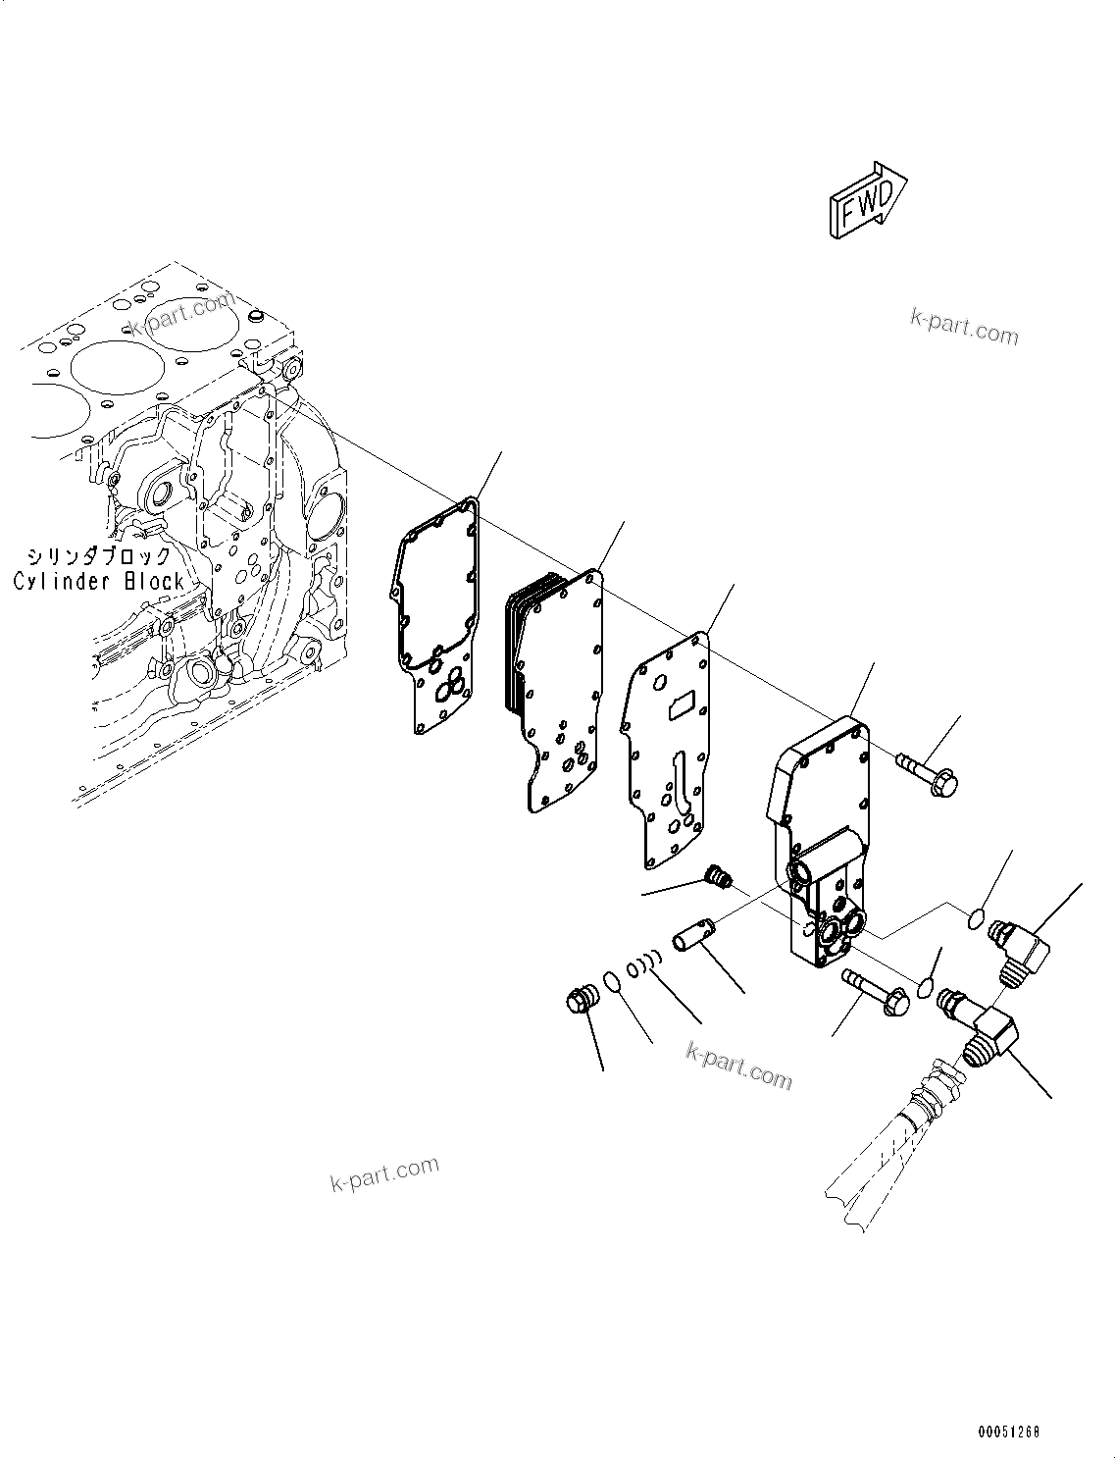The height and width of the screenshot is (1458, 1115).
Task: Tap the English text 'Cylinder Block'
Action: [99, 581]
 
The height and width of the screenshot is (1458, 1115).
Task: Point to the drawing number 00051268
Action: [1007, 1432]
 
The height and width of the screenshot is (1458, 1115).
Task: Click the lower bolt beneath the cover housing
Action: [873, 989]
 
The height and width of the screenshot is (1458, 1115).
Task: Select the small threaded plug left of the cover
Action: [719, 876]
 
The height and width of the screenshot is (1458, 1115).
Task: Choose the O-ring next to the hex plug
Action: [610, 982]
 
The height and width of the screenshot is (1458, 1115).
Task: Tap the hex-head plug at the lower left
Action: [581, 1001]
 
